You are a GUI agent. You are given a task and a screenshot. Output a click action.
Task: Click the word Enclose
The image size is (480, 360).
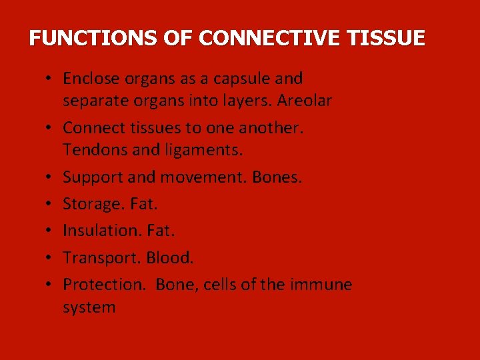point(89,79)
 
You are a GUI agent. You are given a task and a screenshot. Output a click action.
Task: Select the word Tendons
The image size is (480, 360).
point(95,151)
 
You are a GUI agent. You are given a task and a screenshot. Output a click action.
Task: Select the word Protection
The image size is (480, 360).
point(103,285)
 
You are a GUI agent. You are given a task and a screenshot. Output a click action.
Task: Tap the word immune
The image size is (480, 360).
point(322,285)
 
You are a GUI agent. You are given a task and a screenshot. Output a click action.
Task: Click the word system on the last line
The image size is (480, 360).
point(89,307)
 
